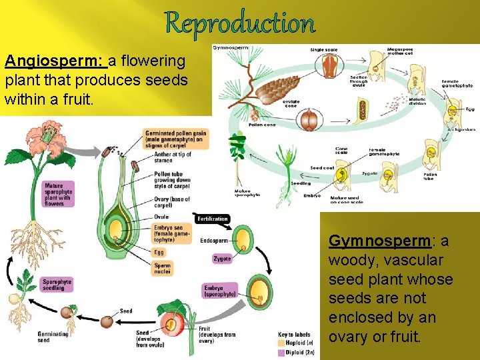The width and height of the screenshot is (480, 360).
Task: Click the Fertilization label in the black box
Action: tap(213, 219)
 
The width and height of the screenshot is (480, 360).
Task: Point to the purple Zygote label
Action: tap(223, 259)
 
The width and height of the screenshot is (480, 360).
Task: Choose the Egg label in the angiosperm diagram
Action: tap(159, 253)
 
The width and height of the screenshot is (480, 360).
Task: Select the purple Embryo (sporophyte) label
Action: tap(221, 291)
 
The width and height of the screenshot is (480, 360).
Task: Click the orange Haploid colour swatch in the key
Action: tap(281, 343)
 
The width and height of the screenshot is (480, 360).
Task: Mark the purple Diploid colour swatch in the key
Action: tap(281, 352)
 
